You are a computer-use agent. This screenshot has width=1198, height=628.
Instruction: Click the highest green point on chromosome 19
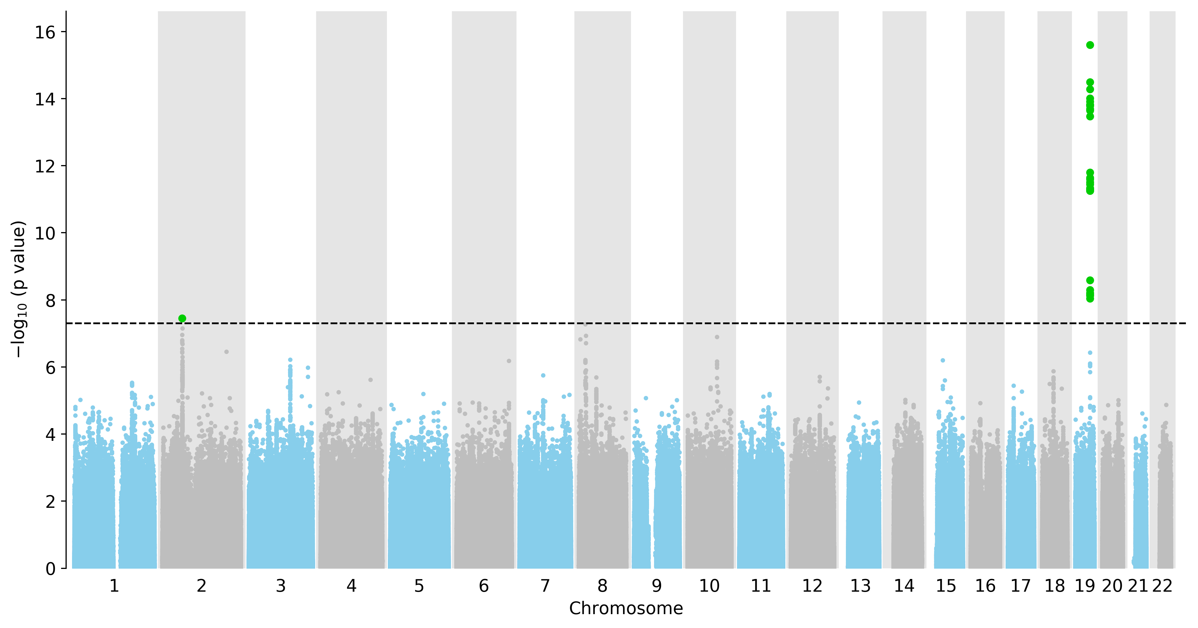coord(1090,45)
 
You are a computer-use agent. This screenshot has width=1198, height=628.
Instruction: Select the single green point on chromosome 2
coord(182,318)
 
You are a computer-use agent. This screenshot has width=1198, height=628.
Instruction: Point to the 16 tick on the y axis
coord(63,32)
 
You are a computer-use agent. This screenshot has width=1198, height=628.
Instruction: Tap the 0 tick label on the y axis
coord(51,569)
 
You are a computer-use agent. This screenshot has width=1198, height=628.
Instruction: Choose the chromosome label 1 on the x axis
coord(115,586)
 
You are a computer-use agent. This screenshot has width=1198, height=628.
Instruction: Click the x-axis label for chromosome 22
coord(1162,586)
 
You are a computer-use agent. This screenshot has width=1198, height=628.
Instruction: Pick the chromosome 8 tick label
coord(602,586)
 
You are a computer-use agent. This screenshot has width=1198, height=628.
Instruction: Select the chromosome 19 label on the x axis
coord(1085,586)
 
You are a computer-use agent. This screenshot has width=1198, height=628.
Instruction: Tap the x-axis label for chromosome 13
coord(860,586)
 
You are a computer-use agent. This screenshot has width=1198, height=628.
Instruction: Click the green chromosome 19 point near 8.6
coord(1090,280)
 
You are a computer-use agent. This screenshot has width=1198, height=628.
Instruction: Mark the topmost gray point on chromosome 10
coord(717,337)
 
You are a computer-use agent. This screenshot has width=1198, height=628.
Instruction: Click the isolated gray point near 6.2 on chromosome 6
coord(509,361)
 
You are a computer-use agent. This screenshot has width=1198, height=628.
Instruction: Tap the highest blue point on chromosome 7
coord(543,375)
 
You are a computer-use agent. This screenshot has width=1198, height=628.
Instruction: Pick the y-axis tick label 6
coord(51,368)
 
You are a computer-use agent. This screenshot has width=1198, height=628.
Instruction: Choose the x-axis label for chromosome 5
coord(419,586)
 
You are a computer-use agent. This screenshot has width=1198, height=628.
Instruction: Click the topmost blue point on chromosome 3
coord(290,360)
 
